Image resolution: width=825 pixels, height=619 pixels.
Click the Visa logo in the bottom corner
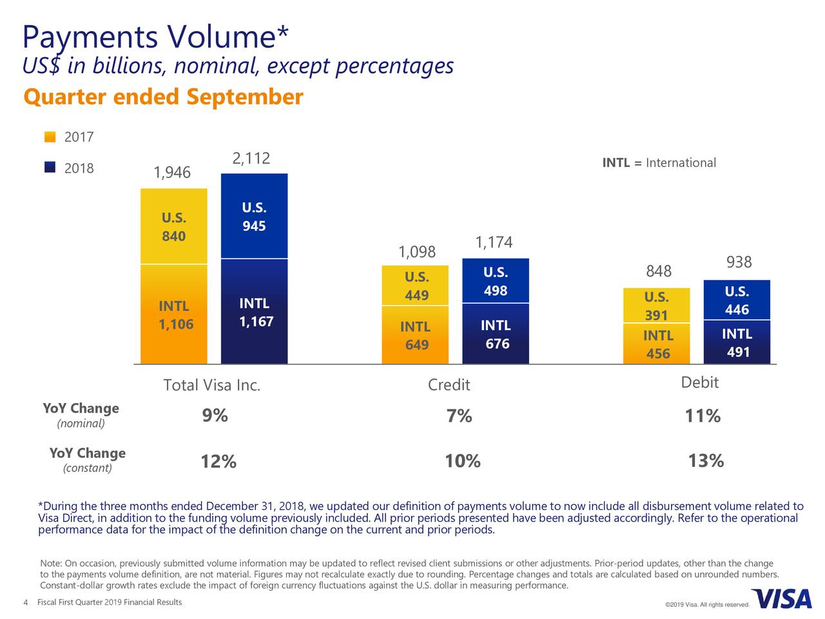(x=781, y=599)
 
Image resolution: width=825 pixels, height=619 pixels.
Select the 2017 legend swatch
(x=50, y=137)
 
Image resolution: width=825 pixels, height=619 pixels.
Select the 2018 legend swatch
(x=50, y=168)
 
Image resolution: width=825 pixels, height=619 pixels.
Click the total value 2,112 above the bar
(x=251, y=159)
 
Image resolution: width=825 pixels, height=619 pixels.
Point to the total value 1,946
(x=172, y=173)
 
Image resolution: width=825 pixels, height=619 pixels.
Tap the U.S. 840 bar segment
(x=174, y=226)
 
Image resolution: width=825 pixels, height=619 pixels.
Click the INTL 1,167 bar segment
(x=255, y=311)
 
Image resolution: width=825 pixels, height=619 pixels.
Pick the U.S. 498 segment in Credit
(x=496, y=281)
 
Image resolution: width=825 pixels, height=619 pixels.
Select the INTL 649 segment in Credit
(x=417, y=335)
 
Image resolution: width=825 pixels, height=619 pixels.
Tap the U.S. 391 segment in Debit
(x=657, y=306)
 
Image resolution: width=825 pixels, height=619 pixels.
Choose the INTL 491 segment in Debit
(x=737, y=342)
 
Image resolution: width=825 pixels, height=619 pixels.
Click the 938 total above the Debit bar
(x=739, y=262)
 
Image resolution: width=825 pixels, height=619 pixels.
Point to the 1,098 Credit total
(x=417, y=251)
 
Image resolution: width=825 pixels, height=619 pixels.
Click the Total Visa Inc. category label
(x=212, y=386)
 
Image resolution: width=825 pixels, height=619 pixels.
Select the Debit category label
(x=699, y=382)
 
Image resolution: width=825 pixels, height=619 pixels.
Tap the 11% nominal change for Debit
(x=703, y=417)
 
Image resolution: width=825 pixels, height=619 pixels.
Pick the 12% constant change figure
(x=218, y=462)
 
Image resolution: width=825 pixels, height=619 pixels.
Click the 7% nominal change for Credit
(x=459, y=417)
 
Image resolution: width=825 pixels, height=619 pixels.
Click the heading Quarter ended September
(x=162, y=97)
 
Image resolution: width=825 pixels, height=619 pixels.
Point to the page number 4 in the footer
(x=25, y=603)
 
